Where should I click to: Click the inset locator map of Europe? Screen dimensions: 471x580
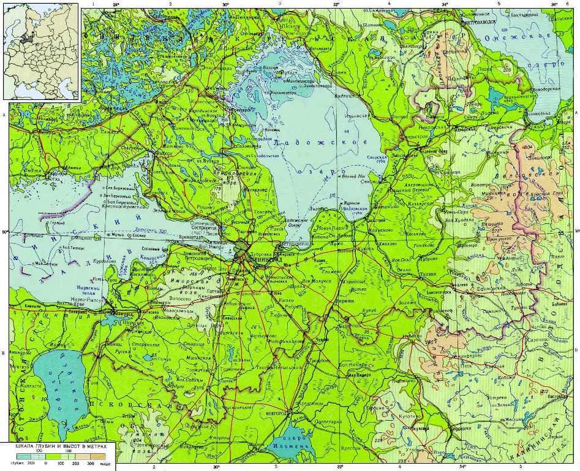tap(42, 50)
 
